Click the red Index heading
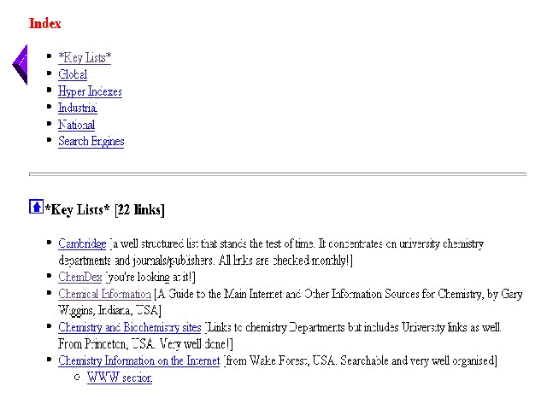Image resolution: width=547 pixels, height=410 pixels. tap(44, 24)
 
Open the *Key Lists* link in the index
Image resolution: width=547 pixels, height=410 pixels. tap(84, 58)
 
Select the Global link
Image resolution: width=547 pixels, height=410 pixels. tap(73, 74)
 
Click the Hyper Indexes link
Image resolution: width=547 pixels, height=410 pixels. tap(90, 91)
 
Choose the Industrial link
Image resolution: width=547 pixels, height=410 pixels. tap(78, 108)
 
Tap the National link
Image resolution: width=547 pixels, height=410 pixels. tap(76, 125)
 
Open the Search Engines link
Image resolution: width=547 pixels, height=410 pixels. tap(91, 141)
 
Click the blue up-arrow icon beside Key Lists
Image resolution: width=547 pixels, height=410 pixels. tap(36, 207)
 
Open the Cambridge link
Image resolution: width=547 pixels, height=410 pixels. tap(82, 243)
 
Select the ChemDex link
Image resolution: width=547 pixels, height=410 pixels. tap(79, 277)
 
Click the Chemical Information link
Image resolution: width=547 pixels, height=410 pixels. tap(104, 294)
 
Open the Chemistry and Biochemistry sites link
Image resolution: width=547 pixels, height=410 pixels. tap(129, 327)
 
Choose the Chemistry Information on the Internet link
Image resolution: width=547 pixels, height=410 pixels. tap(138, 360)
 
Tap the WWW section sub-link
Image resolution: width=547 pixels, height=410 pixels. tap(119, 378)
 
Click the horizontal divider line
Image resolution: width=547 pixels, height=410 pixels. tap(278, 174)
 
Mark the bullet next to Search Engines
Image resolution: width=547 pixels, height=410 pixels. tap(50, 141)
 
